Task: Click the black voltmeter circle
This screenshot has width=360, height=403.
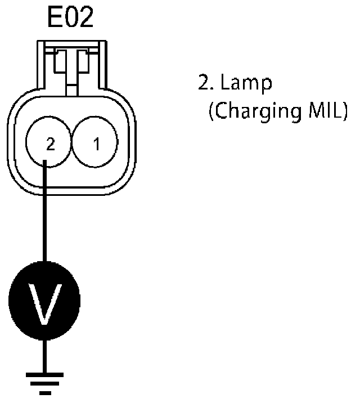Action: (x=44, y=298)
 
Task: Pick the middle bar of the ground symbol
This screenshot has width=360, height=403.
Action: (x=44, y=383)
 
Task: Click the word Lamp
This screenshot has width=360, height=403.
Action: (x=246, y=84)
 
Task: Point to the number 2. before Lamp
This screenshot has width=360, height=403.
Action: (x=204, y=84)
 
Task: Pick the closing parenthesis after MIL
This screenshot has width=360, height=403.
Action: (x=344, y=111)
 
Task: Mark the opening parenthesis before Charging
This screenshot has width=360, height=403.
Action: (x=211, y=111)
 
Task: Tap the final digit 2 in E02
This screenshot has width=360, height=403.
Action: (x=85, y=19)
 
